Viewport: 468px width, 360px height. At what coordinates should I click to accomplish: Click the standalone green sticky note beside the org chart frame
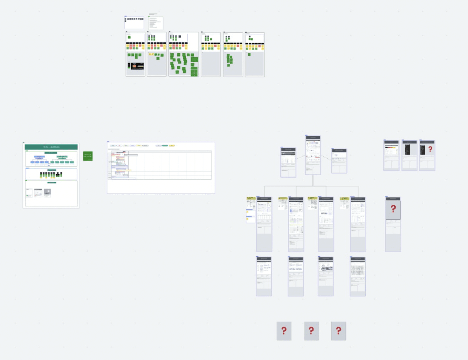point(88,156)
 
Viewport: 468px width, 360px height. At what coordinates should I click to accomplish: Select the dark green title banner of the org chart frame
point(51,147)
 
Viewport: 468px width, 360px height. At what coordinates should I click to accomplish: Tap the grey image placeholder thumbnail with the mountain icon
point(47,192)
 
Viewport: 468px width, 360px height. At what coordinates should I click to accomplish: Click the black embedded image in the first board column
point(137,66)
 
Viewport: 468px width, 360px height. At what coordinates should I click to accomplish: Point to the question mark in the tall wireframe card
point(393,209)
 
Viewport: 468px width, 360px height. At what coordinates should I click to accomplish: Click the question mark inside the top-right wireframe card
point(430,149)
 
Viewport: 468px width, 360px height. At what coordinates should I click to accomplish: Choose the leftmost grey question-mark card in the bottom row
point(284,331)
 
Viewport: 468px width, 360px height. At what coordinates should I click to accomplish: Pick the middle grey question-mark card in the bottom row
point(311,331)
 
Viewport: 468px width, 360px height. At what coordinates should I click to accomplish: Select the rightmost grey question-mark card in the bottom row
point(339,331)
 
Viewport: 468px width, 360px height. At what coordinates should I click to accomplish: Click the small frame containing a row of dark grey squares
point(134,23)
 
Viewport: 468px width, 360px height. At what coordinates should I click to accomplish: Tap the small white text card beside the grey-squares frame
point(155,23)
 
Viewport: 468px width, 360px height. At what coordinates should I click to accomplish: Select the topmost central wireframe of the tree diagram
point(313,155)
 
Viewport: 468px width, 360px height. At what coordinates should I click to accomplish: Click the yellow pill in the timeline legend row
point(172,145)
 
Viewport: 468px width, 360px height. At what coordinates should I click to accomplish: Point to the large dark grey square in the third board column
point(180,37)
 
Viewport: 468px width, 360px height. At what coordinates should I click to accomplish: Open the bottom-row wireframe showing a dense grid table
point(358,276)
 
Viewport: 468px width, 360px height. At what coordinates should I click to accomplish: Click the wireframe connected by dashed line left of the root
point(288,162)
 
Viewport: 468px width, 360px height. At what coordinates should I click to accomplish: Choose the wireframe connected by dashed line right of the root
point(339,161)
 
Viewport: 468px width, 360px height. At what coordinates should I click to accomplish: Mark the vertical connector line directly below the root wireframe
point(313,180)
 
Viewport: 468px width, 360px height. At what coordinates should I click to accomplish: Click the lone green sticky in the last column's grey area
point(249,54)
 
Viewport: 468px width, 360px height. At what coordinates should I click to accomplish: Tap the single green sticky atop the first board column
point(129,37)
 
